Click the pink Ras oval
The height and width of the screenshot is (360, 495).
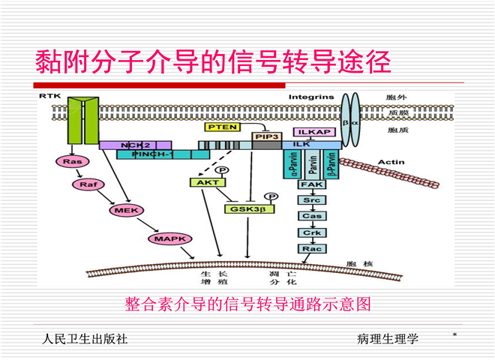click(x=71, y=161)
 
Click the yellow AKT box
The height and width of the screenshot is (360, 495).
click(x=202, y=182)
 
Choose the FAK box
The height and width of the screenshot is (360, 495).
click(x=310, y=184)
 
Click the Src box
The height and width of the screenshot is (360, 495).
click(x=310, y=200)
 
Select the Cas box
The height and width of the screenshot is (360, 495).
click(x=310, y=216)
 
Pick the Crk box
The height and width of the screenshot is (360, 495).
click(x=310, y=232)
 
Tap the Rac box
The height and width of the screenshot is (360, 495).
click(x=310, y=248)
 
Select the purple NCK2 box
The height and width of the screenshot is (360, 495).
click(x=135, y=144)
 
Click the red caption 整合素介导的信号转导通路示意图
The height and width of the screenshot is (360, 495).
click(x=247, y=304)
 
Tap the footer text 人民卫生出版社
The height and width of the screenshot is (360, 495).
click(x=85, y=339)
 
